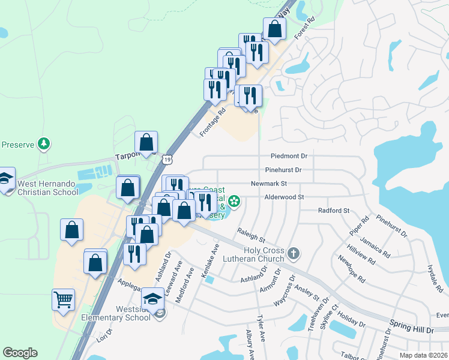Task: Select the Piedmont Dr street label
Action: coord(289,156)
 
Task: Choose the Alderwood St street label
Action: coord(285,197)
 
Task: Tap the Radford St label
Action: coord(334,211)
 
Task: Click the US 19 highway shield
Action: coord(167,158)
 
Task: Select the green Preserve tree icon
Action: coord(43,144)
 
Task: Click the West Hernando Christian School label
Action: coord(48,188)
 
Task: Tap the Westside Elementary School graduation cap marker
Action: coord(152,298)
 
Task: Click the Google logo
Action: coord(20,353)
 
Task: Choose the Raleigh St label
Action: coord(251,233)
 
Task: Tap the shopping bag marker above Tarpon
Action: coord(146,142)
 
